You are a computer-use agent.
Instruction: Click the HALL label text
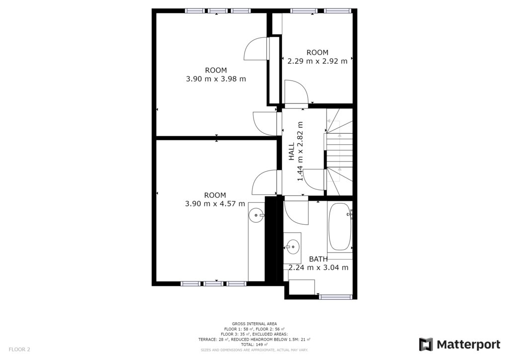click(x=291, y=151)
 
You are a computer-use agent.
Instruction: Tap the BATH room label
click(x=318, y=259)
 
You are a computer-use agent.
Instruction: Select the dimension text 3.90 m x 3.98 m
click(x=216, y=79)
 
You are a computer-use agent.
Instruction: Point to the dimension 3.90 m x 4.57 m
click(x=215, y=204)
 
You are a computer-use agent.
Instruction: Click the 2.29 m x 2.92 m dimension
click(x=318, y=61)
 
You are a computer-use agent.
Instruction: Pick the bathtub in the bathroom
click(x=339, y=227)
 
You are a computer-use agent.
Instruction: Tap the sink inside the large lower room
click(x=256, y=215)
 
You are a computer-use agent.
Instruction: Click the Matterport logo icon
click(x=425, y=345)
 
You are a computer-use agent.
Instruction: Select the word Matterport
click(x=468, y=345)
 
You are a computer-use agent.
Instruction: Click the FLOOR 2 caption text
click(x=19, y=350)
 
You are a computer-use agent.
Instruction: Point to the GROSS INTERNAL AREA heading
click(x=254, y=324)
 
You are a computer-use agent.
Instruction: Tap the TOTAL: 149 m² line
click(x=254, y=345)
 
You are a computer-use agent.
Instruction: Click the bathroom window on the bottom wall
click(x=336, y=297)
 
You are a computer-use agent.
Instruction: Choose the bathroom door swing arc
click(x=296, y=213)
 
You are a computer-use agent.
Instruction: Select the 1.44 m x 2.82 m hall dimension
click(x=300, y=151)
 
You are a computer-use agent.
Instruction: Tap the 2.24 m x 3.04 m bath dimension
click(x=319, y=268)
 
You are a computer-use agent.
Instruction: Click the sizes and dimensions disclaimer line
click(x=254, y=350)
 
